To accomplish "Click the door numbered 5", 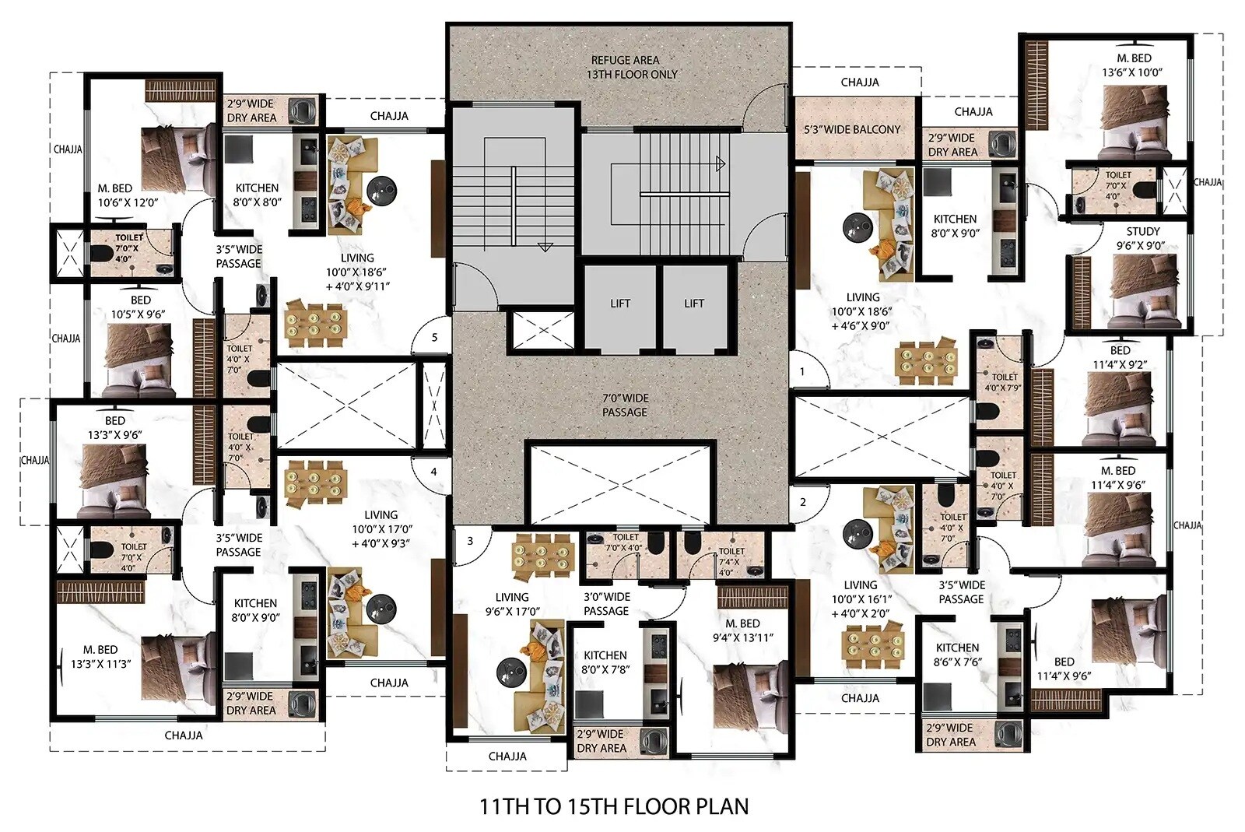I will pos(434,338).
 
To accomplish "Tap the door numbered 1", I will pos(802,372).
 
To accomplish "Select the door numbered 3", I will pos(470,541).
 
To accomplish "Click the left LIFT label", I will pos(620,304).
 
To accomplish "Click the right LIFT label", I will pos(694,304).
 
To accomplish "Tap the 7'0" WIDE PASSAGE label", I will pos(625,405).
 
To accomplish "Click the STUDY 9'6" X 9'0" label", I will pos(1142,238).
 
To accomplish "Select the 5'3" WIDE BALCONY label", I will pos(852,129).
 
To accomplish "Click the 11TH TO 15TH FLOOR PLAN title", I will pos(614,806).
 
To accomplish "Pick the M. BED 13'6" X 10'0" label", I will pos(1133,65).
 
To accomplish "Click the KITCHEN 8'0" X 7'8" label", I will pos(605,662).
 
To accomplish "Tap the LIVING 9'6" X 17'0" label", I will pos(512,605).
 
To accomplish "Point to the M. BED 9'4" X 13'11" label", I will pos(742,630).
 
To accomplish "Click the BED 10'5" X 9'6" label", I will pos(139,307).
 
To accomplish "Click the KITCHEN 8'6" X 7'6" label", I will pos(957,655).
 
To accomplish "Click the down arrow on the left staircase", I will pos(545,247).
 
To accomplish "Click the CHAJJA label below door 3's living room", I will pos(507,756).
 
